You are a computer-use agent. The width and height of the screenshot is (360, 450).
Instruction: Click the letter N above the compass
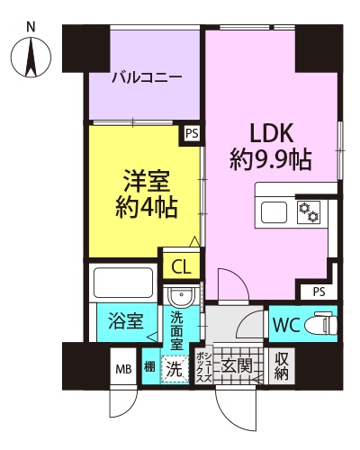pyautogui.click(x=31, y=27)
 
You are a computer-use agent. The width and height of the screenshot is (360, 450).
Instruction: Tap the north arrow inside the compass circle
pyautogui.click(x=31, y=57)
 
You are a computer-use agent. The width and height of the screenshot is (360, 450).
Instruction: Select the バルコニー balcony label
pyautogui.click(x=147, y=78)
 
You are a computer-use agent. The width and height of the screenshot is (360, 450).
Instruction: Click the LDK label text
pyautogui.click(x=271, y=133)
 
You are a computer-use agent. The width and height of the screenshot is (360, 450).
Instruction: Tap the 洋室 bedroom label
pyautogui.click(x=147, y=181)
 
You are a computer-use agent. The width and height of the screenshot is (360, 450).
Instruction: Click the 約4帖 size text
pyautogui.click(x=147, y=207)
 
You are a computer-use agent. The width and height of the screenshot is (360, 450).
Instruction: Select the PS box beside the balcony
pyautogui.click(x=192, y=133)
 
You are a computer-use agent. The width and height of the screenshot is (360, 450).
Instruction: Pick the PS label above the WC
pyautogui.click(x=319, y=292)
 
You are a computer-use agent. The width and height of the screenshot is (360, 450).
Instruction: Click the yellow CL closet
pyautogui.click(x=181, y=265)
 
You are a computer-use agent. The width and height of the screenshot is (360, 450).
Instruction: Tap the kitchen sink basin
pyautogui.click(x=274, y=212)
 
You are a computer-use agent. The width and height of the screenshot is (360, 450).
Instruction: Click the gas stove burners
pyautogui.click(x=309, y=212)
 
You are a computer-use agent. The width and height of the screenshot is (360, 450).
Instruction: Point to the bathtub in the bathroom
pyautogui.click(x=123, y=283)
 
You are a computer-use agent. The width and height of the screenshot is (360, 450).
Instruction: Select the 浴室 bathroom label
pyautogui.click(x=126, y=321)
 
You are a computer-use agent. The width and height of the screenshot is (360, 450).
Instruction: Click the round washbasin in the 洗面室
pyautogui.click(x=182, y=297)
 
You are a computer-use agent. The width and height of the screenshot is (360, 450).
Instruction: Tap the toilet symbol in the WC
pyautogui.click(x=321, y=323)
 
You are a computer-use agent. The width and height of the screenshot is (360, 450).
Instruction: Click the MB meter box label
pyautogui.click(x=123, y=369)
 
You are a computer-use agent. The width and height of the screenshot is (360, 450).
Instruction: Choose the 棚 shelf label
pyautogui.click(x=149, y=366)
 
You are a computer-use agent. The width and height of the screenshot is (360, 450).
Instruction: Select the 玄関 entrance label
pyautogui.click(x=237, y=365)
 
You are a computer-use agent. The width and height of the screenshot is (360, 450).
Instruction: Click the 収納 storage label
pyautogui.click(x=282, y=366)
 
